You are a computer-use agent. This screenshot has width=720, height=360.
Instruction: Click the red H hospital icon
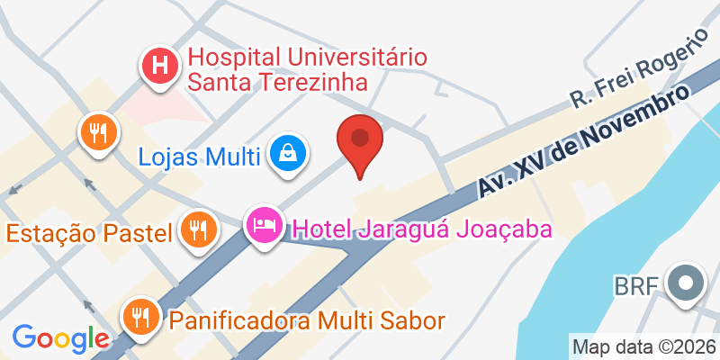[x=161, y=66]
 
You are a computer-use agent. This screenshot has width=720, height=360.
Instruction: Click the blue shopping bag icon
[x=290, y=153]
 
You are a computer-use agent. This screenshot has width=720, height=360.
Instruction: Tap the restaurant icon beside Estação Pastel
[x=196, y=229]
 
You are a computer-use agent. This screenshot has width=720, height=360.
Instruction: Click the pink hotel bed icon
[x=265, y=223]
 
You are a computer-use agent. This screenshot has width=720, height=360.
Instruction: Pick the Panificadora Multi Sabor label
[x=306, y=319]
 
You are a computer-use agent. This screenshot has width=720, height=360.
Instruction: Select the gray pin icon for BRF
[x=686, y=284]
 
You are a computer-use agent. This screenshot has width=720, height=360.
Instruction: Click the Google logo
[x=60, y=337]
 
